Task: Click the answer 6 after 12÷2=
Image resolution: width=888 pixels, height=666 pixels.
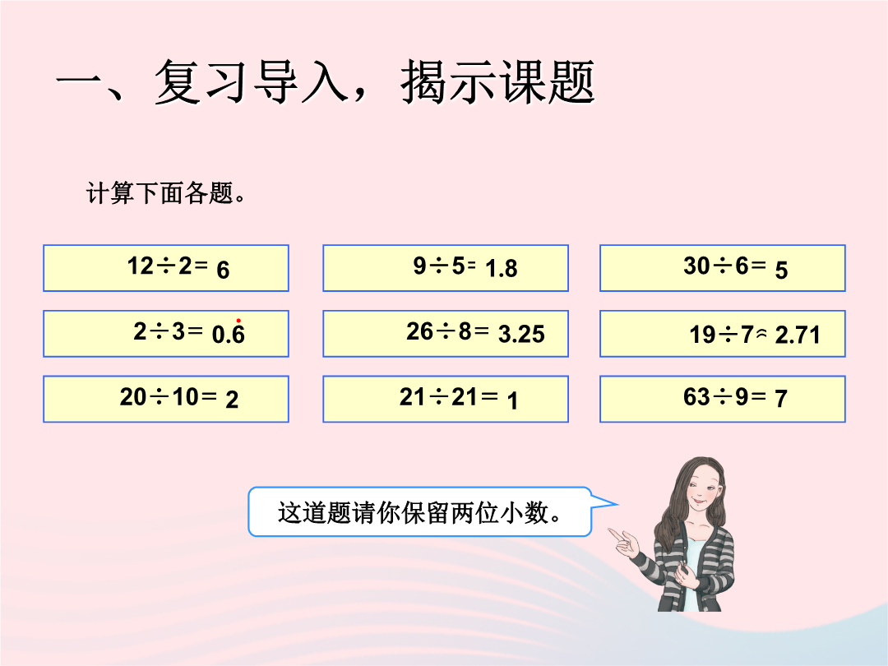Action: coord(223,271)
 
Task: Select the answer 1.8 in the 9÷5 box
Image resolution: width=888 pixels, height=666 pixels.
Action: coord(502,268)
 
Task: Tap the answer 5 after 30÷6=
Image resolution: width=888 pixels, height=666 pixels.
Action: coord(782,271)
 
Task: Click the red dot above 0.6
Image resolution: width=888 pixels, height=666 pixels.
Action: coord(238,321)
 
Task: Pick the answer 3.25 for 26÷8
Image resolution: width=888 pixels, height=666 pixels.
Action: coord(521,334)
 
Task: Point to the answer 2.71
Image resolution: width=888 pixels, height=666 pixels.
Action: coord(798,335)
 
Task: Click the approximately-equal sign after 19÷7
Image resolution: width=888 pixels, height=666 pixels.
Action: coord(762,335)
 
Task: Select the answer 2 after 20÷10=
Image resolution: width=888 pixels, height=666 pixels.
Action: coord(232,400)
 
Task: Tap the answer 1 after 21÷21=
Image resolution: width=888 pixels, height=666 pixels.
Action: coord(512,401)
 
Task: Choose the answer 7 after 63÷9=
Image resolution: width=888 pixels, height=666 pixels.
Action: coord(782,399)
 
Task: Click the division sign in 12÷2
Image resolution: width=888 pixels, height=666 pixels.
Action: coord(166,266)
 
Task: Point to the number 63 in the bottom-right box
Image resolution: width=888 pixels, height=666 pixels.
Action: coord(696,396)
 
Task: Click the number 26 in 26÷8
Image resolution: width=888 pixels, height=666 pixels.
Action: coord(419,331)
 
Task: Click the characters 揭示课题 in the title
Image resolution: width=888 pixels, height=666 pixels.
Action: coord(497,83)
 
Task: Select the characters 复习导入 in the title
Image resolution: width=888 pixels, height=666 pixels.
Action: coord(251,83)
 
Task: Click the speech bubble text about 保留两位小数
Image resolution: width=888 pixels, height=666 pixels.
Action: coord(419,512)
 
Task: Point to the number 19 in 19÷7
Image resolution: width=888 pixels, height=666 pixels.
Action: coord(703,335)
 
